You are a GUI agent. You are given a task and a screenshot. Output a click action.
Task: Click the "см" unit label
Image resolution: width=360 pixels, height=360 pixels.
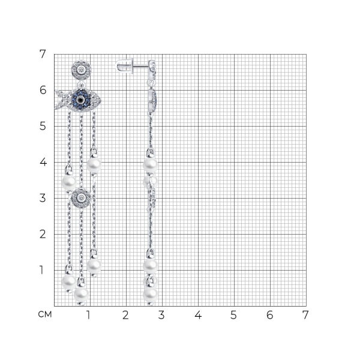click(x=45, y=314)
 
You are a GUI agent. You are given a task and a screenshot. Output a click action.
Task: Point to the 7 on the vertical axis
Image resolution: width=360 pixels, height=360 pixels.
click(x=43, y=54)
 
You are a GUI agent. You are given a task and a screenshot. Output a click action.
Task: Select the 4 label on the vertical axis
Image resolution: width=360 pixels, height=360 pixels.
click(x=43, y=163)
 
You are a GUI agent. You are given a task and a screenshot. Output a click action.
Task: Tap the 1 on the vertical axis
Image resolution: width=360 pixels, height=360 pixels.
click(x=41, y=270)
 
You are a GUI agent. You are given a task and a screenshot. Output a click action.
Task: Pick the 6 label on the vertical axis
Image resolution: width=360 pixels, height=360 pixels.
click(x=43, y=90)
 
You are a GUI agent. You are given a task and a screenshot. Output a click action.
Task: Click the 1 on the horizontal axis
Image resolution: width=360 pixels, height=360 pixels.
click(x=88, y=315)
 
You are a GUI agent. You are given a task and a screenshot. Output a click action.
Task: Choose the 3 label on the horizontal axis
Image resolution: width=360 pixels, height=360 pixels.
click(x=161, y=315)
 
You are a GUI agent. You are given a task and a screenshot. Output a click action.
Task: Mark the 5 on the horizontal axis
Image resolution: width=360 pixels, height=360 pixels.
click(x=233, y=315)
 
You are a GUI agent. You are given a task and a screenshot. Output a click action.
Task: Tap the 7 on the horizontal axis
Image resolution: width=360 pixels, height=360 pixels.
click(x=305, y=315)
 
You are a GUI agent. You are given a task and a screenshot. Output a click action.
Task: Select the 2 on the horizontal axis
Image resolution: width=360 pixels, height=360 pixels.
click(x=125, y=315)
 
